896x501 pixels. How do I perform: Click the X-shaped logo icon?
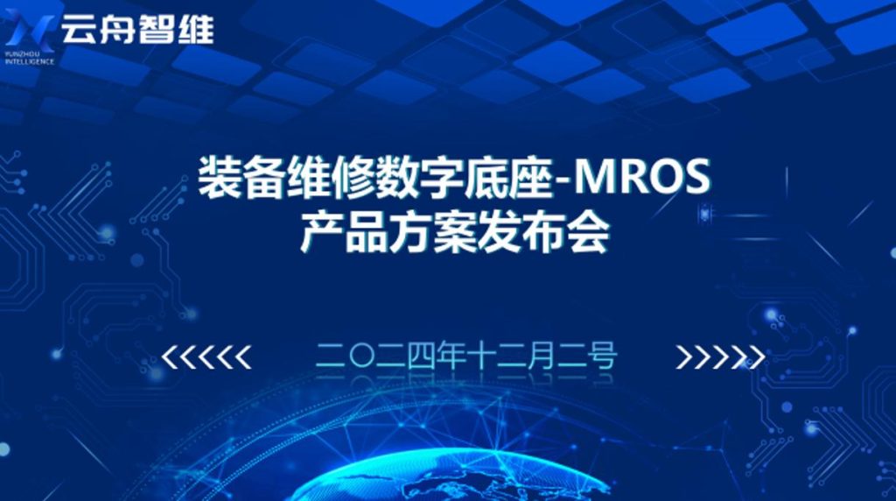tap(30, 30)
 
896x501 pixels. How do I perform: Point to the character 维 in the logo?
tap(196, 29)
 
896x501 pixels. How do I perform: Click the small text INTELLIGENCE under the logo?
tap(30, 61)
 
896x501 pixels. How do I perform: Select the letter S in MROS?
tap(696, 177)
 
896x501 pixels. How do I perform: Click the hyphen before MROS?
tap(563, 182)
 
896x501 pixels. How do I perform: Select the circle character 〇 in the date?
tap(360, 356)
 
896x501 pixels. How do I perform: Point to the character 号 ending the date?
tap(602, 356)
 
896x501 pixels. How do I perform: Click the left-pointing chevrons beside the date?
tap(206, 356)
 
